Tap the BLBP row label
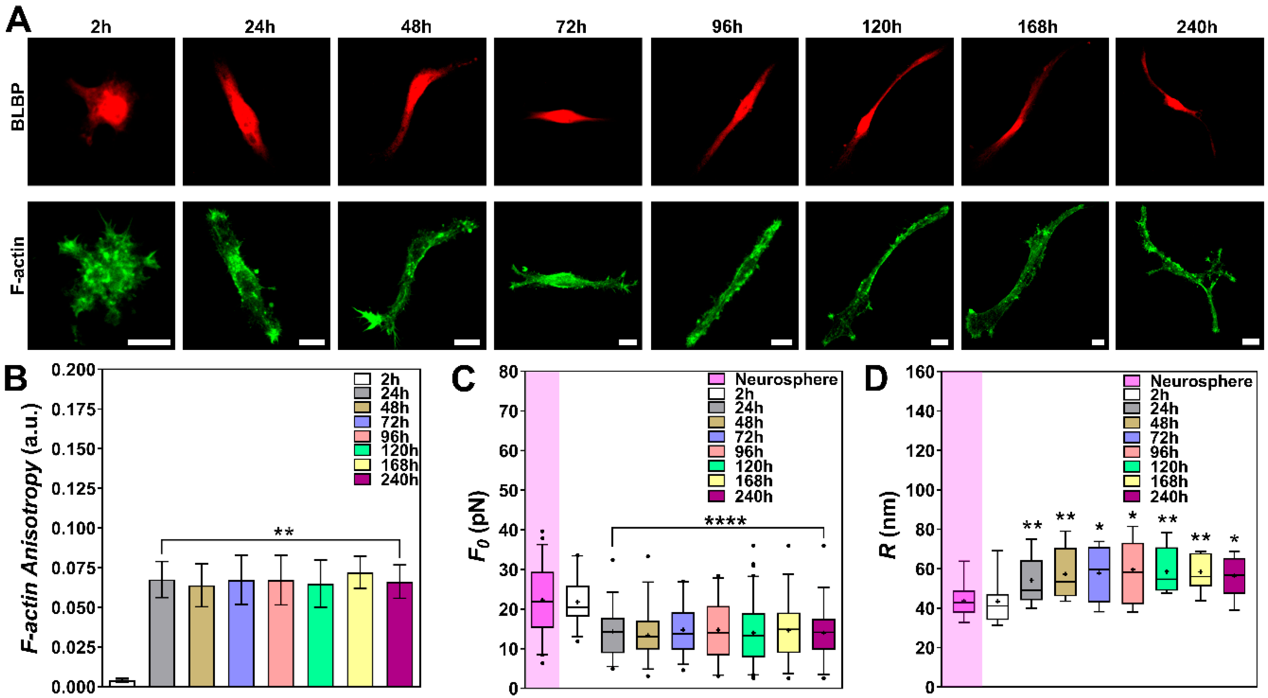(x=17, y=107)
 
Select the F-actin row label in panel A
(x=17, y=265)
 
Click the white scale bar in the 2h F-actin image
(x=149, y=342)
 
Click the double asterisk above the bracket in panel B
(x=284, y=532)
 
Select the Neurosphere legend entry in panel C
(x=773, y=379)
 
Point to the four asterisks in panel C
(x=725, y=521)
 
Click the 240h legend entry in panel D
(x=1157, y=496)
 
